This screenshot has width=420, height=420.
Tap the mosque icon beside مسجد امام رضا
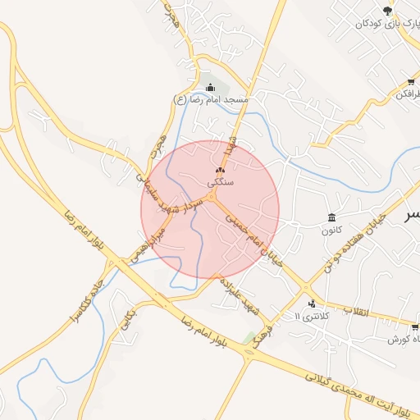[210, 87]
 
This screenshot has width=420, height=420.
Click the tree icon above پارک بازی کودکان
[387, 9]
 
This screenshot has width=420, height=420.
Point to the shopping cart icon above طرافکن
[411, 82]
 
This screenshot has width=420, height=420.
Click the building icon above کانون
[331, 217]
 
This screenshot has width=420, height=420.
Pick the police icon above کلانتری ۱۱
[311, 304]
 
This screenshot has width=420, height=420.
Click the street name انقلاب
[357, 311]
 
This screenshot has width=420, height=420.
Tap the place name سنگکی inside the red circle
[221, 184]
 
